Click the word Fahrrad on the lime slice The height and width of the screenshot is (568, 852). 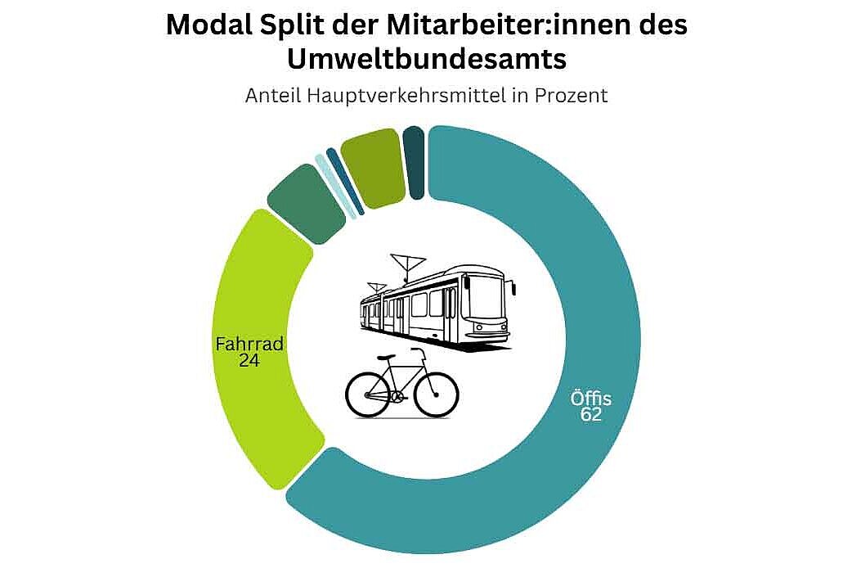click(249, 345)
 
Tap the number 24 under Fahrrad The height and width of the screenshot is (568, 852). click(249, 360)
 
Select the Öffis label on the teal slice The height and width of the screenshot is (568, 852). click(591, 399)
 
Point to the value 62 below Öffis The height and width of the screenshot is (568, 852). click(591, 415)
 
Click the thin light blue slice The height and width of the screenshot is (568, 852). click(335, 187)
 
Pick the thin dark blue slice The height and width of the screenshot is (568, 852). click(345, 181)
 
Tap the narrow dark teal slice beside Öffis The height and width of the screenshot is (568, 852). click(415, 162)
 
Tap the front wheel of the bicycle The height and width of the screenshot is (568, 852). click(437, 393)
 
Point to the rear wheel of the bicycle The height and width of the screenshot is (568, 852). click(369, 393)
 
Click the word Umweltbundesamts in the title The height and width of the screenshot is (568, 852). click(425, 60)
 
